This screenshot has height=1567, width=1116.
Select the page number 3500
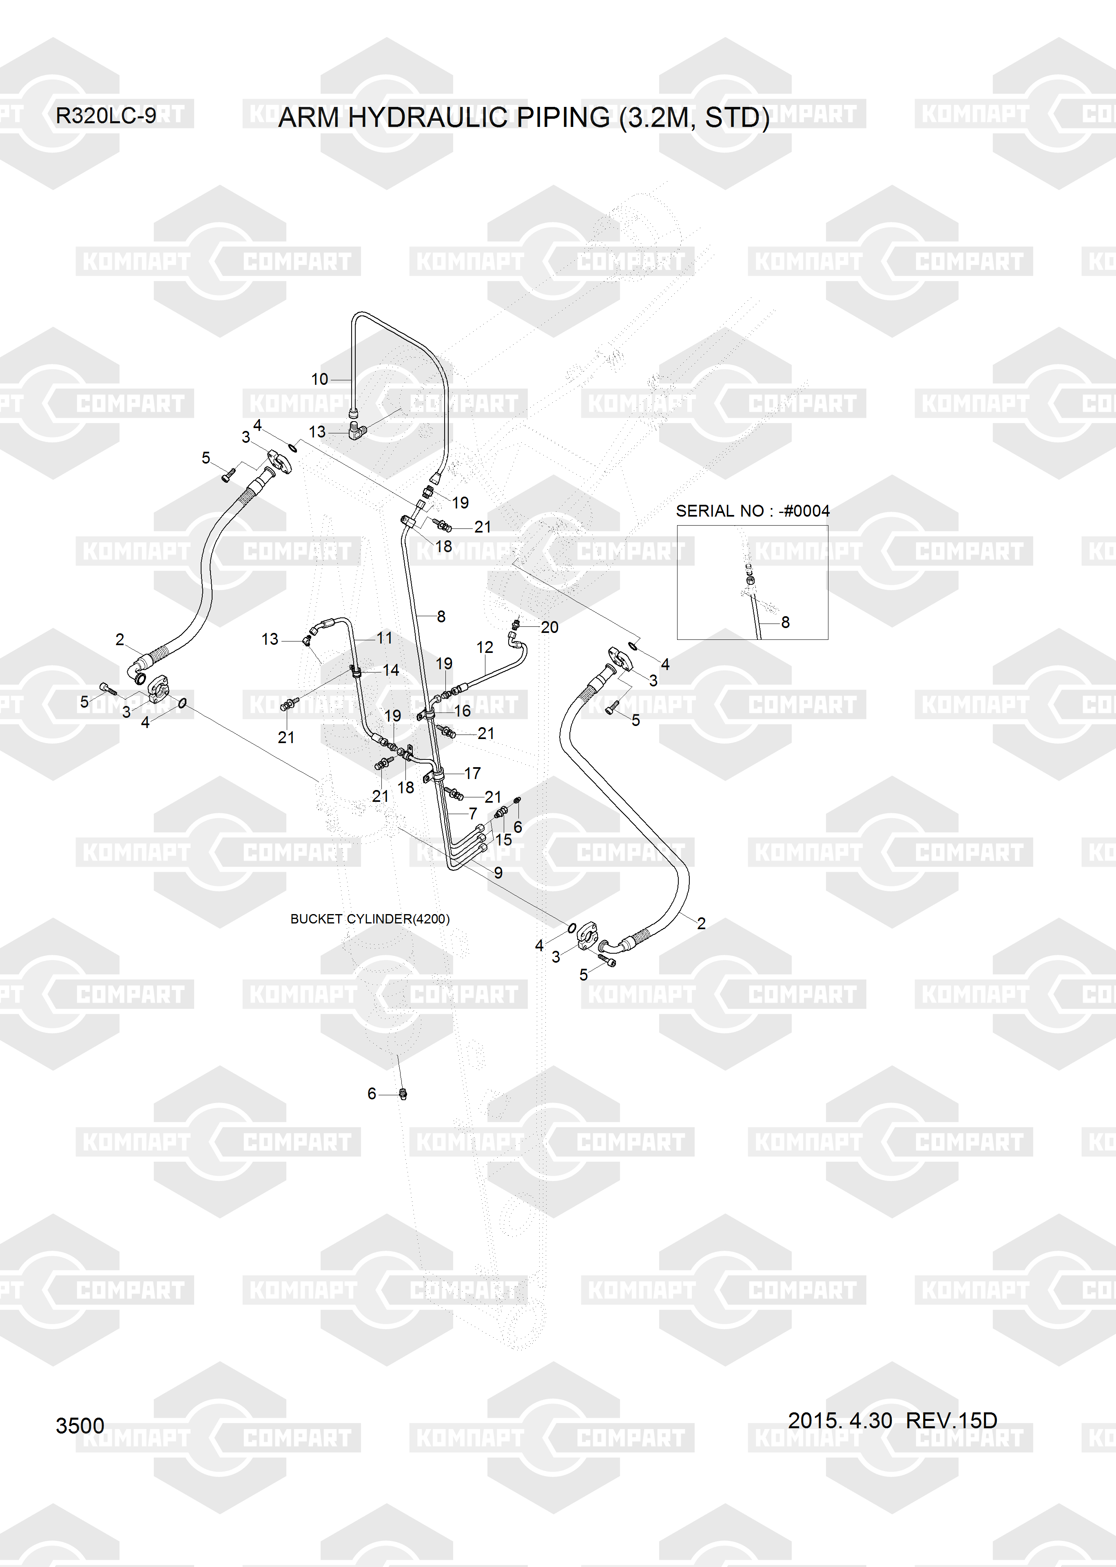tap(80, 1426)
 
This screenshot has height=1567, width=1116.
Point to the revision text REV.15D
tap(951, 1420)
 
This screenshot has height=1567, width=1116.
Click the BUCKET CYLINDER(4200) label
tap(370, 919)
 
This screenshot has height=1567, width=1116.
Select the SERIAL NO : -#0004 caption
tap(753, 510)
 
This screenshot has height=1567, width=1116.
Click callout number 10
tap(319, 379)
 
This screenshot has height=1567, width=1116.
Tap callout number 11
tap(384, 638)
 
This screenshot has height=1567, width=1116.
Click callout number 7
tap(473, 813)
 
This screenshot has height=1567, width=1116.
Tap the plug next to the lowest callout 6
tap(403, 1094)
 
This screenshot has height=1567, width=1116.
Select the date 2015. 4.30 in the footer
tap(840, 1420)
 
